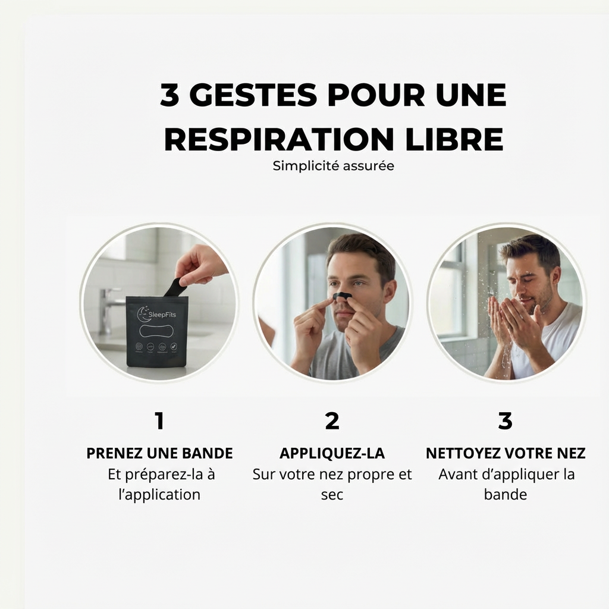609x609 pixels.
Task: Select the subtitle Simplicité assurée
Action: pos(333,167)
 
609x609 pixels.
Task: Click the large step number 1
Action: pos(159,421)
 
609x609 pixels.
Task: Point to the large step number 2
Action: pos(332,421)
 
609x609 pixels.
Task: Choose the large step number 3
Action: pos(505,421)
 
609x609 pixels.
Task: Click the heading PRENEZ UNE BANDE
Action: pos(159,453)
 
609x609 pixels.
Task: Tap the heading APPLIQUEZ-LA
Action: pos(332,453)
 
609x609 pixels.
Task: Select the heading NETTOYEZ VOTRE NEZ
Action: pos(506,453)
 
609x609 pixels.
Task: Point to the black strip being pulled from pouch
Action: pos(175,288)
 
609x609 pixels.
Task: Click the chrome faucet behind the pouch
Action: pos(108,303)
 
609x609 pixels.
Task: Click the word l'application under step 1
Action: pos(159,495)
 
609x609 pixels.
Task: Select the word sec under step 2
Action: pos(332,495)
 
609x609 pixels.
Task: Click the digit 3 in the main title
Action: pos(169,96)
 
